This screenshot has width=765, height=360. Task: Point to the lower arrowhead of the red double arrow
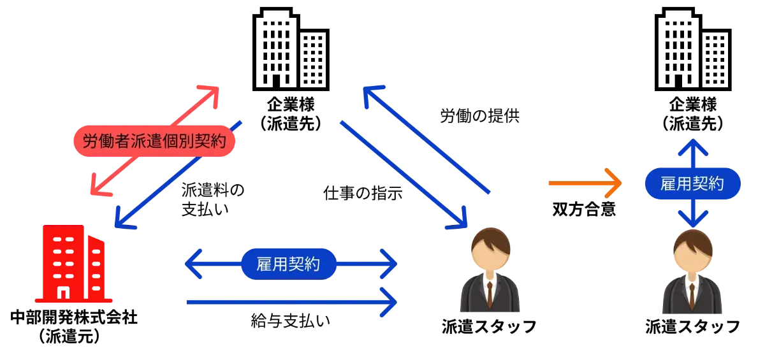(x=98, y=187)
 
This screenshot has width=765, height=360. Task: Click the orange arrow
(x=583, y=184)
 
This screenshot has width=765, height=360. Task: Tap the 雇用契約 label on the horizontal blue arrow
(x=288, y=263)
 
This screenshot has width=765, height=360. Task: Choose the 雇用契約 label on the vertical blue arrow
(x=692, y=184)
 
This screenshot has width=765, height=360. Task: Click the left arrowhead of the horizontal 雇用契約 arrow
(x=193, y=263)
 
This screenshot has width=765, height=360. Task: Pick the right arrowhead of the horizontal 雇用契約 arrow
(x=388, y=263)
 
